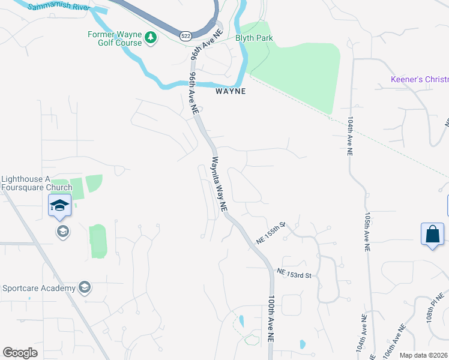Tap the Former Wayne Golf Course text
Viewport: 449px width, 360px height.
click(115, 38)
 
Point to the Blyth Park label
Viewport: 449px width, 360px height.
click(254, 38)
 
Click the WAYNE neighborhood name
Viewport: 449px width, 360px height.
click(231, 91)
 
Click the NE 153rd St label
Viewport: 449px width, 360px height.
click(294, 274)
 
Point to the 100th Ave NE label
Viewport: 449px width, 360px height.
click(271, 318)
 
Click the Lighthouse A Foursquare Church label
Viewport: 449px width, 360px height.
click(37, 183)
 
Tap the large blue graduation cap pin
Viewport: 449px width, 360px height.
click(60, 206)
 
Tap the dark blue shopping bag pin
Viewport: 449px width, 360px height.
click(433, 235)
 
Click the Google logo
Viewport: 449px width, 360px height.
click(20, 353)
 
